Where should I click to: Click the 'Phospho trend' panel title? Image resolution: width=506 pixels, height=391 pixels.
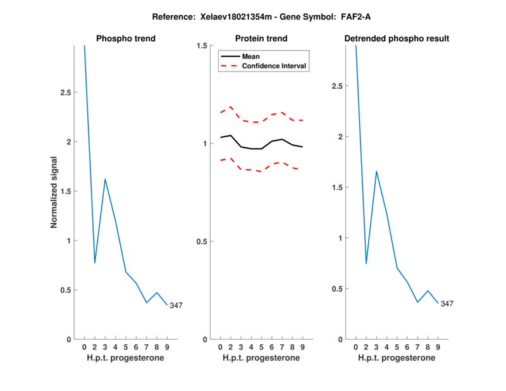coord(125,39)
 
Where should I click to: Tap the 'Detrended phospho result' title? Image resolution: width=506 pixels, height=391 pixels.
coord(397,39)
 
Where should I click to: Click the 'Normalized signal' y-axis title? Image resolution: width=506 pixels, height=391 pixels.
coord(54,192)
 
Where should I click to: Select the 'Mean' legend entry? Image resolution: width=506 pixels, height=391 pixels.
coord(250,56)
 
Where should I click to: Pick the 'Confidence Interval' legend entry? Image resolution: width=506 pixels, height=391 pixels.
coord(275,66)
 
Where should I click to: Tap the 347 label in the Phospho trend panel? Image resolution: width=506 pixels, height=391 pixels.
coord(176,306)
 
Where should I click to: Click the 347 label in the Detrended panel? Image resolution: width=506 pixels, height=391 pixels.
coord(447,304)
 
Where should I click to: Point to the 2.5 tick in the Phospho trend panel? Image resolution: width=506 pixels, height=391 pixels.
coord(65,92)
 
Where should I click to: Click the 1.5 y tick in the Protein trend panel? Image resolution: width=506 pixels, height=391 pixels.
coord(202,46)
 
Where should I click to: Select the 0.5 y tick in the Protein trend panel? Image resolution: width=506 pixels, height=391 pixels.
coord(202,242)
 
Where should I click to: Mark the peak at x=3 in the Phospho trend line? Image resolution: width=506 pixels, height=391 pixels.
coord(105,179)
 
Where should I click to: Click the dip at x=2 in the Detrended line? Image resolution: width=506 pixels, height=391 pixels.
coord(366,263)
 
